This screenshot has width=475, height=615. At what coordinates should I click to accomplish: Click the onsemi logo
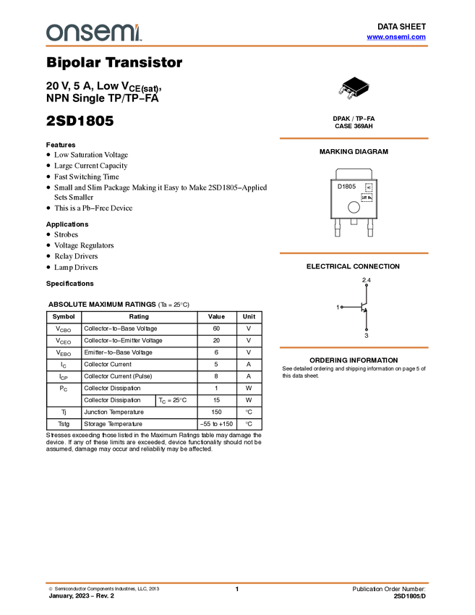tap(93, 33)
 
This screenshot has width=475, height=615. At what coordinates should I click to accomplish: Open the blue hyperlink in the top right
tap(396, 37)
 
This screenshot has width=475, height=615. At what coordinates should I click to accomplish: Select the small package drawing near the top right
tap(348, 91)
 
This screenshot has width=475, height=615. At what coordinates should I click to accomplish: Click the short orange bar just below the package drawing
tap(354, 137)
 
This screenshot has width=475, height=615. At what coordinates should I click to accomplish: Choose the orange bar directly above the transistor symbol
tap(354, 253)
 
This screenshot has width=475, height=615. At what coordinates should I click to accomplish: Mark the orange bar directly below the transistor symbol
tap(354, 347)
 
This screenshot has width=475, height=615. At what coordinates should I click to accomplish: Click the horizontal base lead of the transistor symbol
tap(351, 307)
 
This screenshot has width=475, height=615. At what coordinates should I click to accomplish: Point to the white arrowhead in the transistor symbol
tap(366, 307)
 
